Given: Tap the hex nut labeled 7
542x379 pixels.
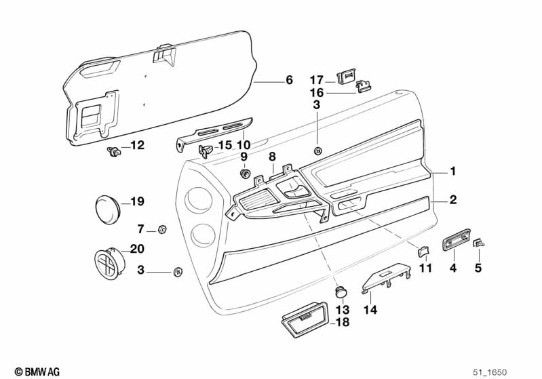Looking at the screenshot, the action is click(x=161, y=228).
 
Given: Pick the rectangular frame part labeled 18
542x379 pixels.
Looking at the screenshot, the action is click(x=305, y=319).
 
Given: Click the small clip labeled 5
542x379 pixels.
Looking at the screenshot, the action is click(x=479, y=243).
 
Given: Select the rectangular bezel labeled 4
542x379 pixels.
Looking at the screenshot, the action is click(x=457, y=239).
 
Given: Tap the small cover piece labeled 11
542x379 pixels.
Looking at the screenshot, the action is click(x=423, y=251).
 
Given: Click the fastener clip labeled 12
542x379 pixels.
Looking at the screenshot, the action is click(x=113, y=151).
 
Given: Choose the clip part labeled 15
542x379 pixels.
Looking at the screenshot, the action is click(x=206, y=151).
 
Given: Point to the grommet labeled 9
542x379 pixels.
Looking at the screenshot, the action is click(x=245, y=173).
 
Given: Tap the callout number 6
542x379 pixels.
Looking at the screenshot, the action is click(x=290, y=80).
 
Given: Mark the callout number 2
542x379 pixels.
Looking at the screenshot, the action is click(x=453, y=200).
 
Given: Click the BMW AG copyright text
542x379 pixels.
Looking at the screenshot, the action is click(x=37, y=372).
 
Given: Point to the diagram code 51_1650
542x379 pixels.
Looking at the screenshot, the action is click(x=490, y=372).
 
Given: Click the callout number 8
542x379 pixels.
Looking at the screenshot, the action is click(x=273, y=157).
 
